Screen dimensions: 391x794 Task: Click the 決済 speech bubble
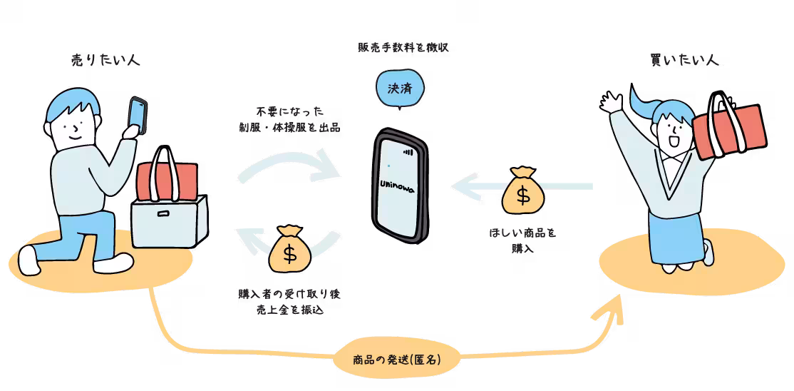398,89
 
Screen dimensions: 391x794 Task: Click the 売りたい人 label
106,59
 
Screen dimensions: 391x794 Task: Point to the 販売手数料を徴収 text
403,48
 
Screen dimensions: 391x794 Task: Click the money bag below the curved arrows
289,249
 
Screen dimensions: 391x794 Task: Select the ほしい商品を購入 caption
522,241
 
